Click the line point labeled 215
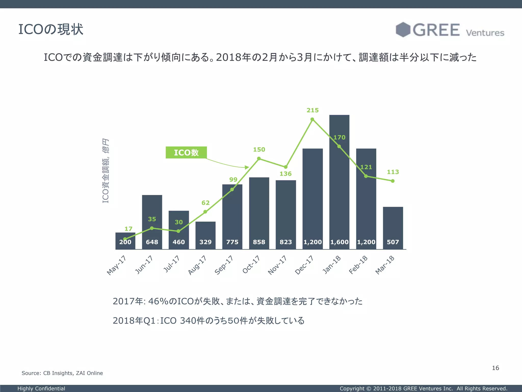point(312,119)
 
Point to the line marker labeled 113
point(393,181)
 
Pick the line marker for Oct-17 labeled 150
point(259,158)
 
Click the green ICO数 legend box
point(186,153)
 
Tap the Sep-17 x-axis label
point(224,265)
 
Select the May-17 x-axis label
point(116,265)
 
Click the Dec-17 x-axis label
point(304,265)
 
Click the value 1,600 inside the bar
point(339,242)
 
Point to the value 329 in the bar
point(205,242)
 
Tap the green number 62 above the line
point(205,203)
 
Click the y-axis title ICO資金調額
point(106,171)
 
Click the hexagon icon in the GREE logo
point(403,30)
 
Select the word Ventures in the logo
point(485,33)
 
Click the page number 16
point(495,368)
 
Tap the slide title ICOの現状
point(51,29)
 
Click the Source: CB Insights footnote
point(62,373)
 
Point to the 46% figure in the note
point(158,301)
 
